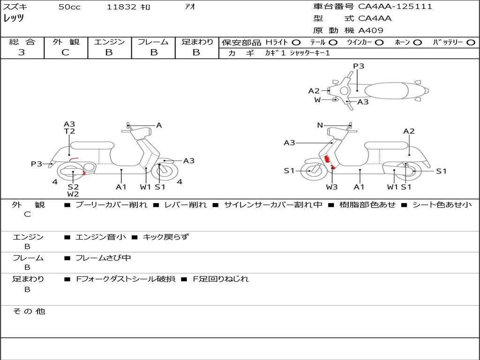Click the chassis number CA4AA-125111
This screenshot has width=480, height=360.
tap(395, 7)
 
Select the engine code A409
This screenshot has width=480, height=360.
tap(371, 30)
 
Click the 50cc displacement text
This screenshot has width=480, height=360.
tap(69, 7)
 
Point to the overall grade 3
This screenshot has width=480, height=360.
tap(22, 52)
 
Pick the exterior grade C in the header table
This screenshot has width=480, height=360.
tap(65, 52)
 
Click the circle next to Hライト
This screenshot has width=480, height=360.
tap(296, 43)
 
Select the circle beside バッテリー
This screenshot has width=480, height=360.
tap(471, 43)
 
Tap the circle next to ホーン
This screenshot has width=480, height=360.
tap(417, 43)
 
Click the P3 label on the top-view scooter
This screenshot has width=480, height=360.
tap(359, 66)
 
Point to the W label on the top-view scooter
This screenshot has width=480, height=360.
tap(317, 100)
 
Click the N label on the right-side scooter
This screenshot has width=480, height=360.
tap(320, 125)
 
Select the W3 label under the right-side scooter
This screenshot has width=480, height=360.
tap(332, 187)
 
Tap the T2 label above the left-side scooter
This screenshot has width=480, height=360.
tap(69, 131)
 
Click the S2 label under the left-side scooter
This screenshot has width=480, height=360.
tap(73, 187)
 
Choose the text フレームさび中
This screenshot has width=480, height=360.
tap(103, 258)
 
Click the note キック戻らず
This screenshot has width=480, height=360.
tap(166, 237)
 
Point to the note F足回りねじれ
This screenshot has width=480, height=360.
tap(221, 279)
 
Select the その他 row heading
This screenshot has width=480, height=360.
tap(29, 311)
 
